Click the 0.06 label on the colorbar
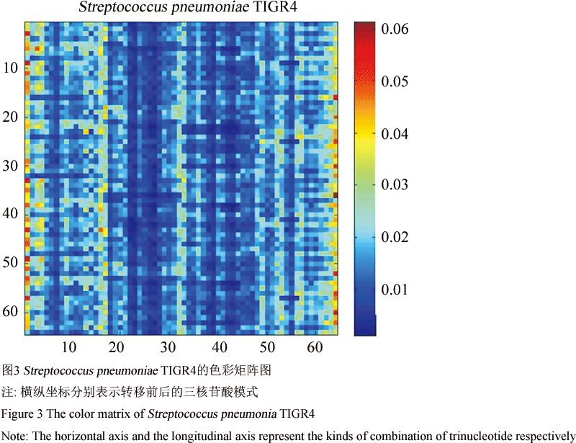click(395, 29)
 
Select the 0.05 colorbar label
click(395, 81)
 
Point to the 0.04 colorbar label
click(395, 134)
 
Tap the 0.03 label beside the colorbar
click(395, 184)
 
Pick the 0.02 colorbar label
click(395, 237)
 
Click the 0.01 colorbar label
click(395, 290)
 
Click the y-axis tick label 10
click(11, 68)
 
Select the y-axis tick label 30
click(11, 166)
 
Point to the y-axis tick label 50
click(11, 262)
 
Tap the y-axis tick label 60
click(11, 311)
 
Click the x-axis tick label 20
click(117, 347)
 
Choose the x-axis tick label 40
click(220, 347)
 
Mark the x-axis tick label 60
click(315, 347)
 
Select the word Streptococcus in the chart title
click(123, 7)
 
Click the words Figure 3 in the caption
click(22, 414)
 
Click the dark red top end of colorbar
click(365, 27)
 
